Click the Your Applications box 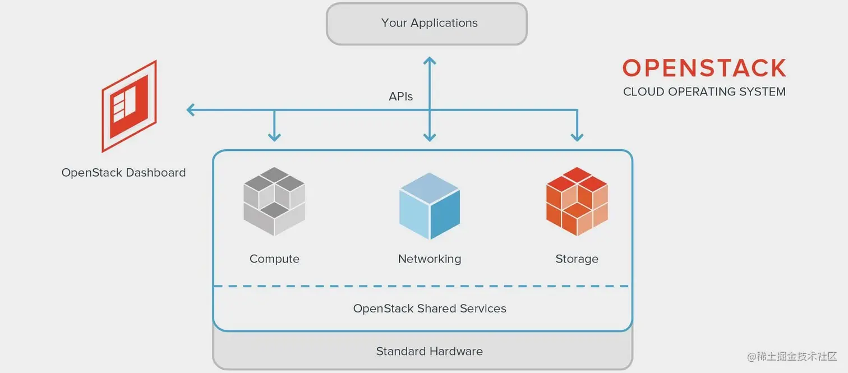click(x=427, y=24)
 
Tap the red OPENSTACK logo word click(x=704, y=68)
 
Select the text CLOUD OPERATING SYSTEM click(x=704, y=91)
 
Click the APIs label click(x=400, y=96)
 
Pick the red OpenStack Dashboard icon click(x=129, y=106)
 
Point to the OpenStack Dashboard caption click(x=123, y=173)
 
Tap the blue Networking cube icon click(x=430, y=206)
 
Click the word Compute click(x=274, y=259)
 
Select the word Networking click(x=430, y=259)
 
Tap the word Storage click(x=577, y=259)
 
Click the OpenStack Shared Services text click(x=430, y=308)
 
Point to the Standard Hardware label click(x=430, y=352)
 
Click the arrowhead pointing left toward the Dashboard click(x=191, y=110)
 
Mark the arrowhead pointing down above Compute click(x=274, y=136)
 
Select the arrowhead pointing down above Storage click(x=577, y=136)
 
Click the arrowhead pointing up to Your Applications click(x=430, y=61)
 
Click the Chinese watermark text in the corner click(x=791, y=357)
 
